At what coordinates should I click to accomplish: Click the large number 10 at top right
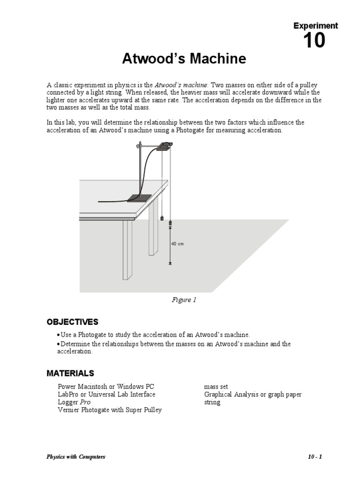click(314, 41)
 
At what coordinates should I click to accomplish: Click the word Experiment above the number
click(315, 26)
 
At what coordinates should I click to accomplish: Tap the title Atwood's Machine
click(184, 59)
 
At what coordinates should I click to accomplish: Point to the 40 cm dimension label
click(177, 244)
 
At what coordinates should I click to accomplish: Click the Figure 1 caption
click(184, 300)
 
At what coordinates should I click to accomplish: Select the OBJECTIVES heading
click(72, 322)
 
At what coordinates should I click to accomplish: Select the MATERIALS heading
click(70, 373)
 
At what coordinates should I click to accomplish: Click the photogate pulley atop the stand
click(165, 146)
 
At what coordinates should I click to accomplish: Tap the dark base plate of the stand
click(139, 199)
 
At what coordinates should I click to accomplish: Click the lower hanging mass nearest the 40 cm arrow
click(170, 222)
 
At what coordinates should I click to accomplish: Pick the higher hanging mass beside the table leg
click(162, 218)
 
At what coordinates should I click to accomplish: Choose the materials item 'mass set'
click(216, 387)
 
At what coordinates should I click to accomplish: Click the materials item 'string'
click(212, 402)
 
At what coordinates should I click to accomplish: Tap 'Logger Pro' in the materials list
click(74, 402)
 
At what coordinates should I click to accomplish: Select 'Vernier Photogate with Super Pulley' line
click(110, 410)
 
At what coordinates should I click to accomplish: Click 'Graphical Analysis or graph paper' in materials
click(253, 395)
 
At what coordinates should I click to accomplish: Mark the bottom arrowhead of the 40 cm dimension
click(170, 263)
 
